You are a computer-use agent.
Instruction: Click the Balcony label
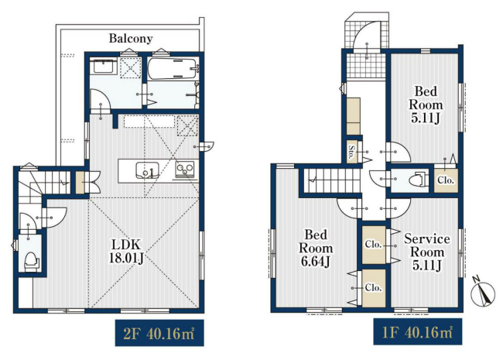131,38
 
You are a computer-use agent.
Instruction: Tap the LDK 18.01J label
125,252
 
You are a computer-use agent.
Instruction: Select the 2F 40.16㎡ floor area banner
159,333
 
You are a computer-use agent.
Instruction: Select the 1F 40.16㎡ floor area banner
418,332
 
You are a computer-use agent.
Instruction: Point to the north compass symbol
482,293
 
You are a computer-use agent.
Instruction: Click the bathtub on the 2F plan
173,68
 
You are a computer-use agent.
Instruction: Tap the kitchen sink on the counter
147,170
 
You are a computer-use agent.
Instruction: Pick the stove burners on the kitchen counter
184,169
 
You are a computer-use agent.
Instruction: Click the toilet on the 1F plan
419,180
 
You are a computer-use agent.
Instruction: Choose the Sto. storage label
352,152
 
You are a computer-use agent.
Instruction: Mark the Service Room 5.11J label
426,252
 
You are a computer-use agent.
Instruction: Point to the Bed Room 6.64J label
316,248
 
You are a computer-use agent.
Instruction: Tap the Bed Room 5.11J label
426,105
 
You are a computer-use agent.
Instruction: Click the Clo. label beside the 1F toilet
446,180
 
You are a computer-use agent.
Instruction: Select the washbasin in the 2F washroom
103,67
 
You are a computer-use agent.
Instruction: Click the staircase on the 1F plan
332,180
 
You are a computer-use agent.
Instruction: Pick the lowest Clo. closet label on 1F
374,288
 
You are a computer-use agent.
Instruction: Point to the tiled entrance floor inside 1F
366,66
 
